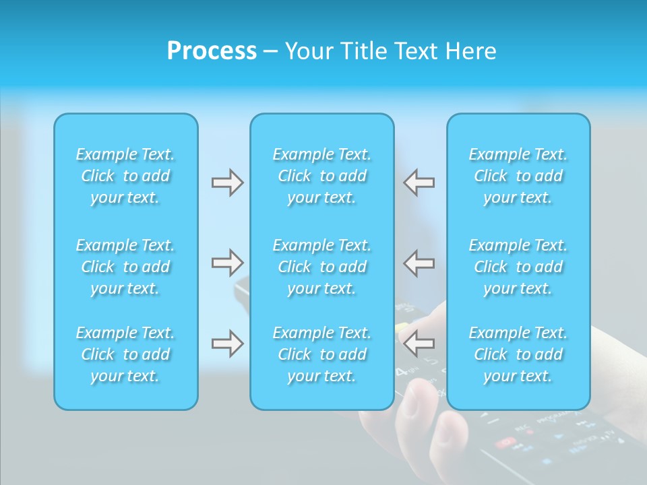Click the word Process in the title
coord(212,51)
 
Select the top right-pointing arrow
coord(227,183)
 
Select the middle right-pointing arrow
coord(227,263)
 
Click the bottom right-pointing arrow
coord(227,344)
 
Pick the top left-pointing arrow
coord(419,183)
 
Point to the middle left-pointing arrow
coord(419,263)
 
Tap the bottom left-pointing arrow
coord(419,344)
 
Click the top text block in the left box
coord(125,176)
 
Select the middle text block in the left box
coord(125,267)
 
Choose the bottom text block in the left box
coord(125,354)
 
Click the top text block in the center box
coord(322,176)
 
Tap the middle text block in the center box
coord(322,267)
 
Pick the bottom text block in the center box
coord(322,354)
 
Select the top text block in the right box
coord(518,176)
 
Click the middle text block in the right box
coord(518,267)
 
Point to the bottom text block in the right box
coord(518,354)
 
